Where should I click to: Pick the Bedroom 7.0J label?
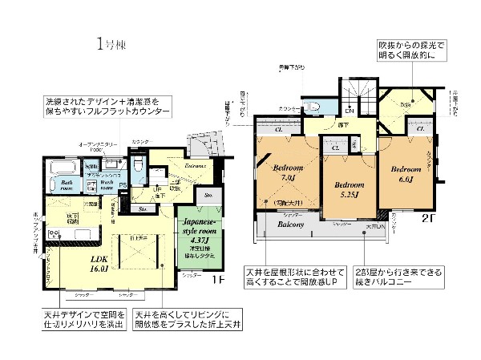pyautogui.click(x=286, y=173)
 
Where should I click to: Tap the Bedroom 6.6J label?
pyautogui.click(x=406, y=173)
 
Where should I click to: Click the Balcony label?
pyautogui.click(x=289, y=226)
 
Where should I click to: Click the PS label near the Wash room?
pyautogui.click(x=123, y=185)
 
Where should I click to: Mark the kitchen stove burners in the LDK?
pyautogui.click(x=56, y=235)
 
